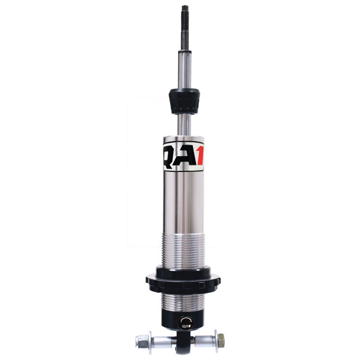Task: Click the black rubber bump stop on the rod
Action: click(184, 101)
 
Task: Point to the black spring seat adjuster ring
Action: click(184, 278)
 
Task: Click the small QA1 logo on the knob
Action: click(185, 326)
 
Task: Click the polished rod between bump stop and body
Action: click(184, 124)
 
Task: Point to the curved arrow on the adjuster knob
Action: click(185, 319)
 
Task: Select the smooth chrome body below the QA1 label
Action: click(184, 198)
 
